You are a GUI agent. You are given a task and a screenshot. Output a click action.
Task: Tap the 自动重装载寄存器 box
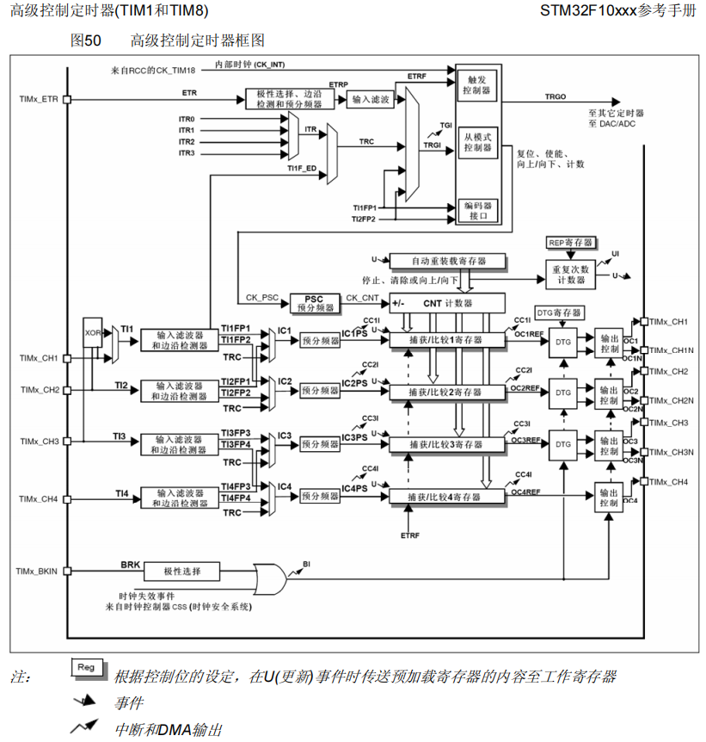point(447,260)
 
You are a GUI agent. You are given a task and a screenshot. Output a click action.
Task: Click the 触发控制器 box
point(476,83)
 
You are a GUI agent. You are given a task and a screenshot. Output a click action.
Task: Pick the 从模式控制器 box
point(476,142)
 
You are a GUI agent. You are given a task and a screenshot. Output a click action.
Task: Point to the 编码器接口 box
point(476,210)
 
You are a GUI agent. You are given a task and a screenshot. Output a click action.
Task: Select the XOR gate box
point(93,331)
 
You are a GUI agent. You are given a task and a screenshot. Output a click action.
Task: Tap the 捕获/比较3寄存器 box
point(446,444)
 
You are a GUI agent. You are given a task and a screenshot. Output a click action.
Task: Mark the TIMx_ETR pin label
point(39,99)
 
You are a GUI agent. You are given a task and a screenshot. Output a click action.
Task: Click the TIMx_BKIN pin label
point(37,571)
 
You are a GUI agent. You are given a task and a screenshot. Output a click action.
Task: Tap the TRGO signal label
point(556,98)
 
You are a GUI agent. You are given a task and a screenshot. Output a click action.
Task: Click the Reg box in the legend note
point(86,668)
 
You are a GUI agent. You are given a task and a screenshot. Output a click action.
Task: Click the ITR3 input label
point(187,153)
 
